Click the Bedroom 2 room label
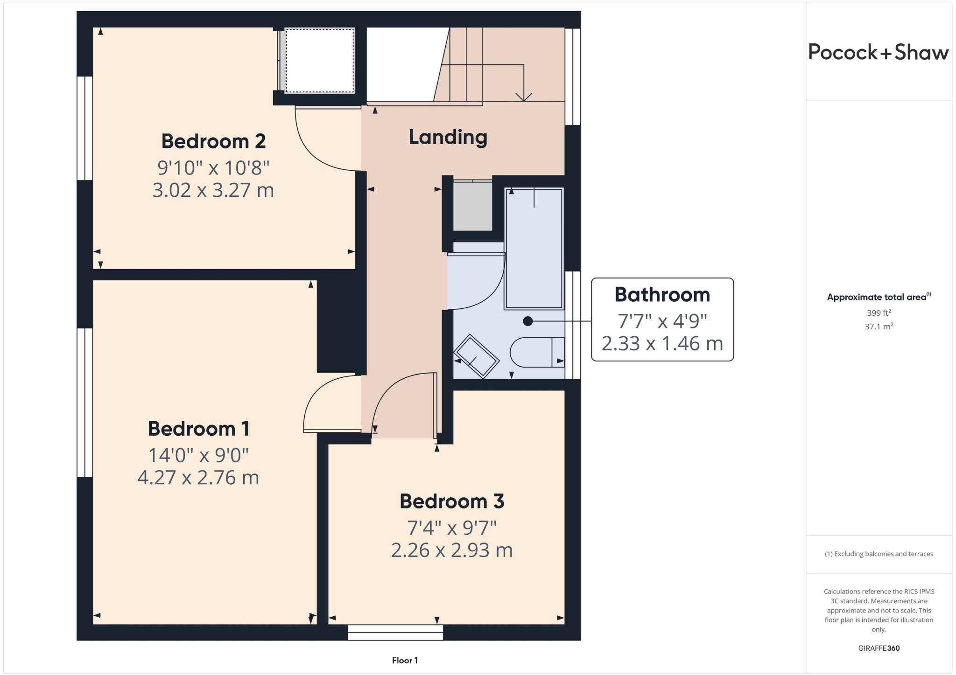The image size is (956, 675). coord(213,141)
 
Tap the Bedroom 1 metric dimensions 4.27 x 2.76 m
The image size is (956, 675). coord(198,478)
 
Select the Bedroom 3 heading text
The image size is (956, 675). coord(451,501)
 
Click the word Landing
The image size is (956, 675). coord(448,137)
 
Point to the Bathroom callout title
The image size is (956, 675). coord(662,295)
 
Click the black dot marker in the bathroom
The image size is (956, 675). coord(528,321)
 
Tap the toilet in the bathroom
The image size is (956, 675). coord(537,352)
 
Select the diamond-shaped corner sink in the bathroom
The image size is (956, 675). coord(477,356)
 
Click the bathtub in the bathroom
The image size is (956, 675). coord(534,248)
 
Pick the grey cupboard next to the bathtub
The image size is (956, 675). coord(472,206)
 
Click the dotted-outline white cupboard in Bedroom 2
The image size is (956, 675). coord(320,61)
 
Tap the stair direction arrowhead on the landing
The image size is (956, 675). coord(524,97)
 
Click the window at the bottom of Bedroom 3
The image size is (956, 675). coord(395,633)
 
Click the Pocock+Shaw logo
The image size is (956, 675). coord(878,52)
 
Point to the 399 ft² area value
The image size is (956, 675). coord(879,313)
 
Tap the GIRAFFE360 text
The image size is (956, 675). coord(879,648)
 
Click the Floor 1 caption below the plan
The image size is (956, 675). coord(405,661)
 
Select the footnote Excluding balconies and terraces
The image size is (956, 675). coord(879,554)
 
